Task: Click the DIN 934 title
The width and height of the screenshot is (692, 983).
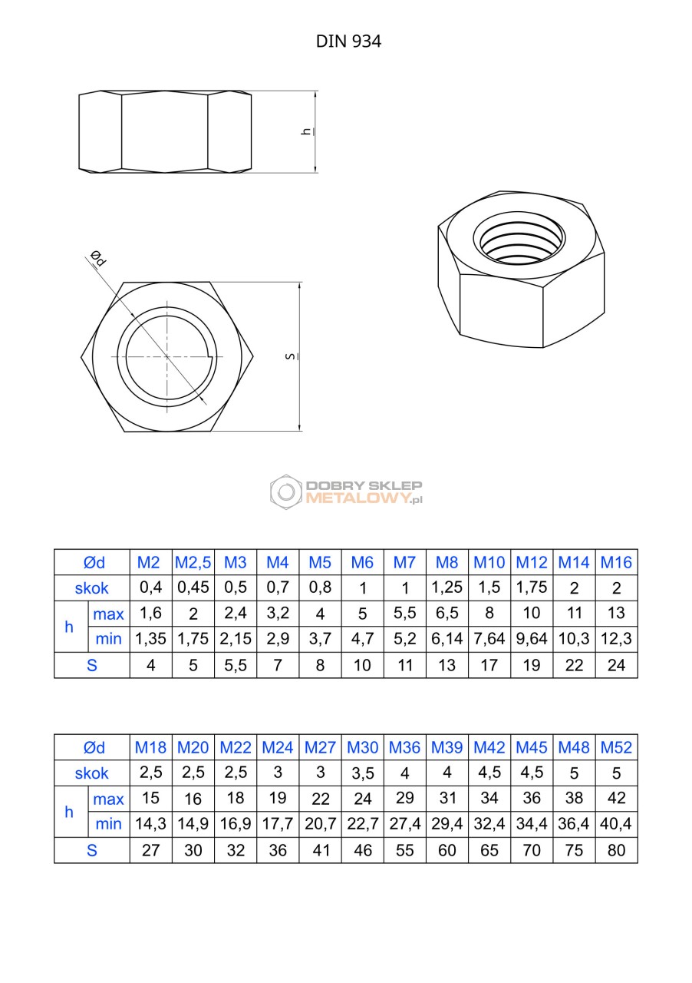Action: point(348,41)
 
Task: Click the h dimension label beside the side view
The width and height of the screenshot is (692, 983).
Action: point(308,131)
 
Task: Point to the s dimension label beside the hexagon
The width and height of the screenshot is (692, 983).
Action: point(291,356)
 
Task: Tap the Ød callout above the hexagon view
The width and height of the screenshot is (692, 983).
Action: point(98,258)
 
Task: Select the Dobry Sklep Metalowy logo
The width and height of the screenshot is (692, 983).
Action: point(346,492)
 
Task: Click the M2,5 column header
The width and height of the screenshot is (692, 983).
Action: point(193,562)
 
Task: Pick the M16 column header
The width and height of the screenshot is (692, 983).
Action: point(616,562)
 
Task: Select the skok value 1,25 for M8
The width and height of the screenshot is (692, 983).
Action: point(447,587)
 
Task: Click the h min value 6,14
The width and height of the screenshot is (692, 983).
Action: point(447,639)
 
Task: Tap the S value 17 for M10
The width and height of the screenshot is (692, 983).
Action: point(489,665)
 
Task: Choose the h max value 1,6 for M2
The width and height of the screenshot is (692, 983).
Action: point(150,613)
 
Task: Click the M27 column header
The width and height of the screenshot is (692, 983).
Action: point(320,747)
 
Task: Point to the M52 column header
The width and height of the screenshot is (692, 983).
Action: point(616,747)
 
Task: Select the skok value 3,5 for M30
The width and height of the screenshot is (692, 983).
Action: point(363,773)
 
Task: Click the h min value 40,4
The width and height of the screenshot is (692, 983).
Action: point(616,824)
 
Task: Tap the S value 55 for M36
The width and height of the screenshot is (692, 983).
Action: point(404,850)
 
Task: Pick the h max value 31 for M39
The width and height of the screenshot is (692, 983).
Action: point(447,798)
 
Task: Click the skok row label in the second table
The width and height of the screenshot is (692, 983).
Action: point(91,773)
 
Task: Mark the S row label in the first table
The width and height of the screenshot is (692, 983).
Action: point(91,665)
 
